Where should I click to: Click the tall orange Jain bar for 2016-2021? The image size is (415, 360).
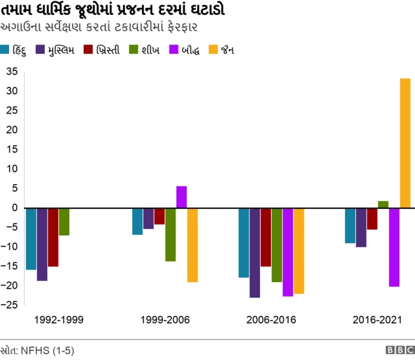pyautogui.click(x=405, y=143)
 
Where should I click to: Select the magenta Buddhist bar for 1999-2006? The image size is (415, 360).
pyautogui.click(x=182, y=197)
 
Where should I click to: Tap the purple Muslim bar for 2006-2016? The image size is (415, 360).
pyautogui.click(x=255, y=252)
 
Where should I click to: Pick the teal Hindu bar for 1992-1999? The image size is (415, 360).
pyautogui.click(x=31, y=238)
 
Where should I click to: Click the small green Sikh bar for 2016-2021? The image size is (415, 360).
pyautogui.click(x=383, y=204)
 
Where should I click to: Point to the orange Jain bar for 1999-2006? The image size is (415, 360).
pyautogui.click(x=193, y=245)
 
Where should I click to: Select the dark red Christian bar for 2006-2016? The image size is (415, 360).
pyautogui.click(x=266, y=237)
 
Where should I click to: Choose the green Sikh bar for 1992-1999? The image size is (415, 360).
pyautogui.click(x=64, y=221)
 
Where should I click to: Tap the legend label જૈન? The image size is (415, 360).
pyautogui.click(x=228, y=50)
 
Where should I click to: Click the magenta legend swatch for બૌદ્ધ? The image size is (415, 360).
pyautogui.click(x=173, y=49)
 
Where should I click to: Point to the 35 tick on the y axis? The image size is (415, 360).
pyautogui.click(x=12, y=72)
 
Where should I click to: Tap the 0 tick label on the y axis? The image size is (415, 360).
pyautogui.click(x=14, y=208)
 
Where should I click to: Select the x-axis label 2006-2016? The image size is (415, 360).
pyautogui.click(x=271, y=320)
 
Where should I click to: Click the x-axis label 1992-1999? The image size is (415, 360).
pyautogui.click(x=58, y=320)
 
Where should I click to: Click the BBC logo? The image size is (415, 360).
pyautogui.click(x=396, y=350)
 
